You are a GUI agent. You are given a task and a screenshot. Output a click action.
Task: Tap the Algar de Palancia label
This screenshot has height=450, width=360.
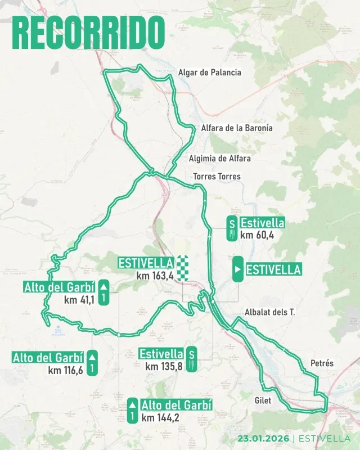pyautogui.click(x=209, y=73)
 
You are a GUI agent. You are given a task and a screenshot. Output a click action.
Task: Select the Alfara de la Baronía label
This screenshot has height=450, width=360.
pyautogui.click(x=236, y=128)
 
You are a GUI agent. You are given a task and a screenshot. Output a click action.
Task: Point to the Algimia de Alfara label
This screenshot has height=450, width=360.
pyautogui.click(x=220, y=159)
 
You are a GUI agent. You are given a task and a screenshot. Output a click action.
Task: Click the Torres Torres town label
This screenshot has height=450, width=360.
pyautogui.click(x=217, y=177)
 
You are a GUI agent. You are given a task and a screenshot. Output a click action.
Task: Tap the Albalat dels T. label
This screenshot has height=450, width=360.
pyautogui.click(x=270, y=312)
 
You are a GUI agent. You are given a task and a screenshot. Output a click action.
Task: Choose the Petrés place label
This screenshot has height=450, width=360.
pyautogui.click(x=322, y=363)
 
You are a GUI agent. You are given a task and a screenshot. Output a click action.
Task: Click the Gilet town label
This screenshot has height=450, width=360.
pyautogui.click(x=263, y=400)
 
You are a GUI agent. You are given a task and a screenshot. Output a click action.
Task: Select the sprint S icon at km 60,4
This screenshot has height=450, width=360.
pyautogui.click(x=231, y=228)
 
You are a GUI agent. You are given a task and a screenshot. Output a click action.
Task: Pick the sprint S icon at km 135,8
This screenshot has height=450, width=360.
pyautogui.click(x=192, y=359)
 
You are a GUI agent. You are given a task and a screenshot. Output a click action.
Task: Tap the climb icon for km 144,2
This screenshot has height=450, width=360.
pyautogui.click(x=132, y=411)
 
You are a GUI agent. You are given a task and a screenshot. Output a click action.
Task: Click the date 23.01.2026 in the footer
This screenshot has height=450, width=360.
pyautogui.click(x=263, y=439)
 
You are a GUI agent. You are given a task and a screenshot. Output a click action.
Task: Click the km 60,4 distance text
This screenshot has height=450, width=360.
pyautogui.click(x=256, y=235)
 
